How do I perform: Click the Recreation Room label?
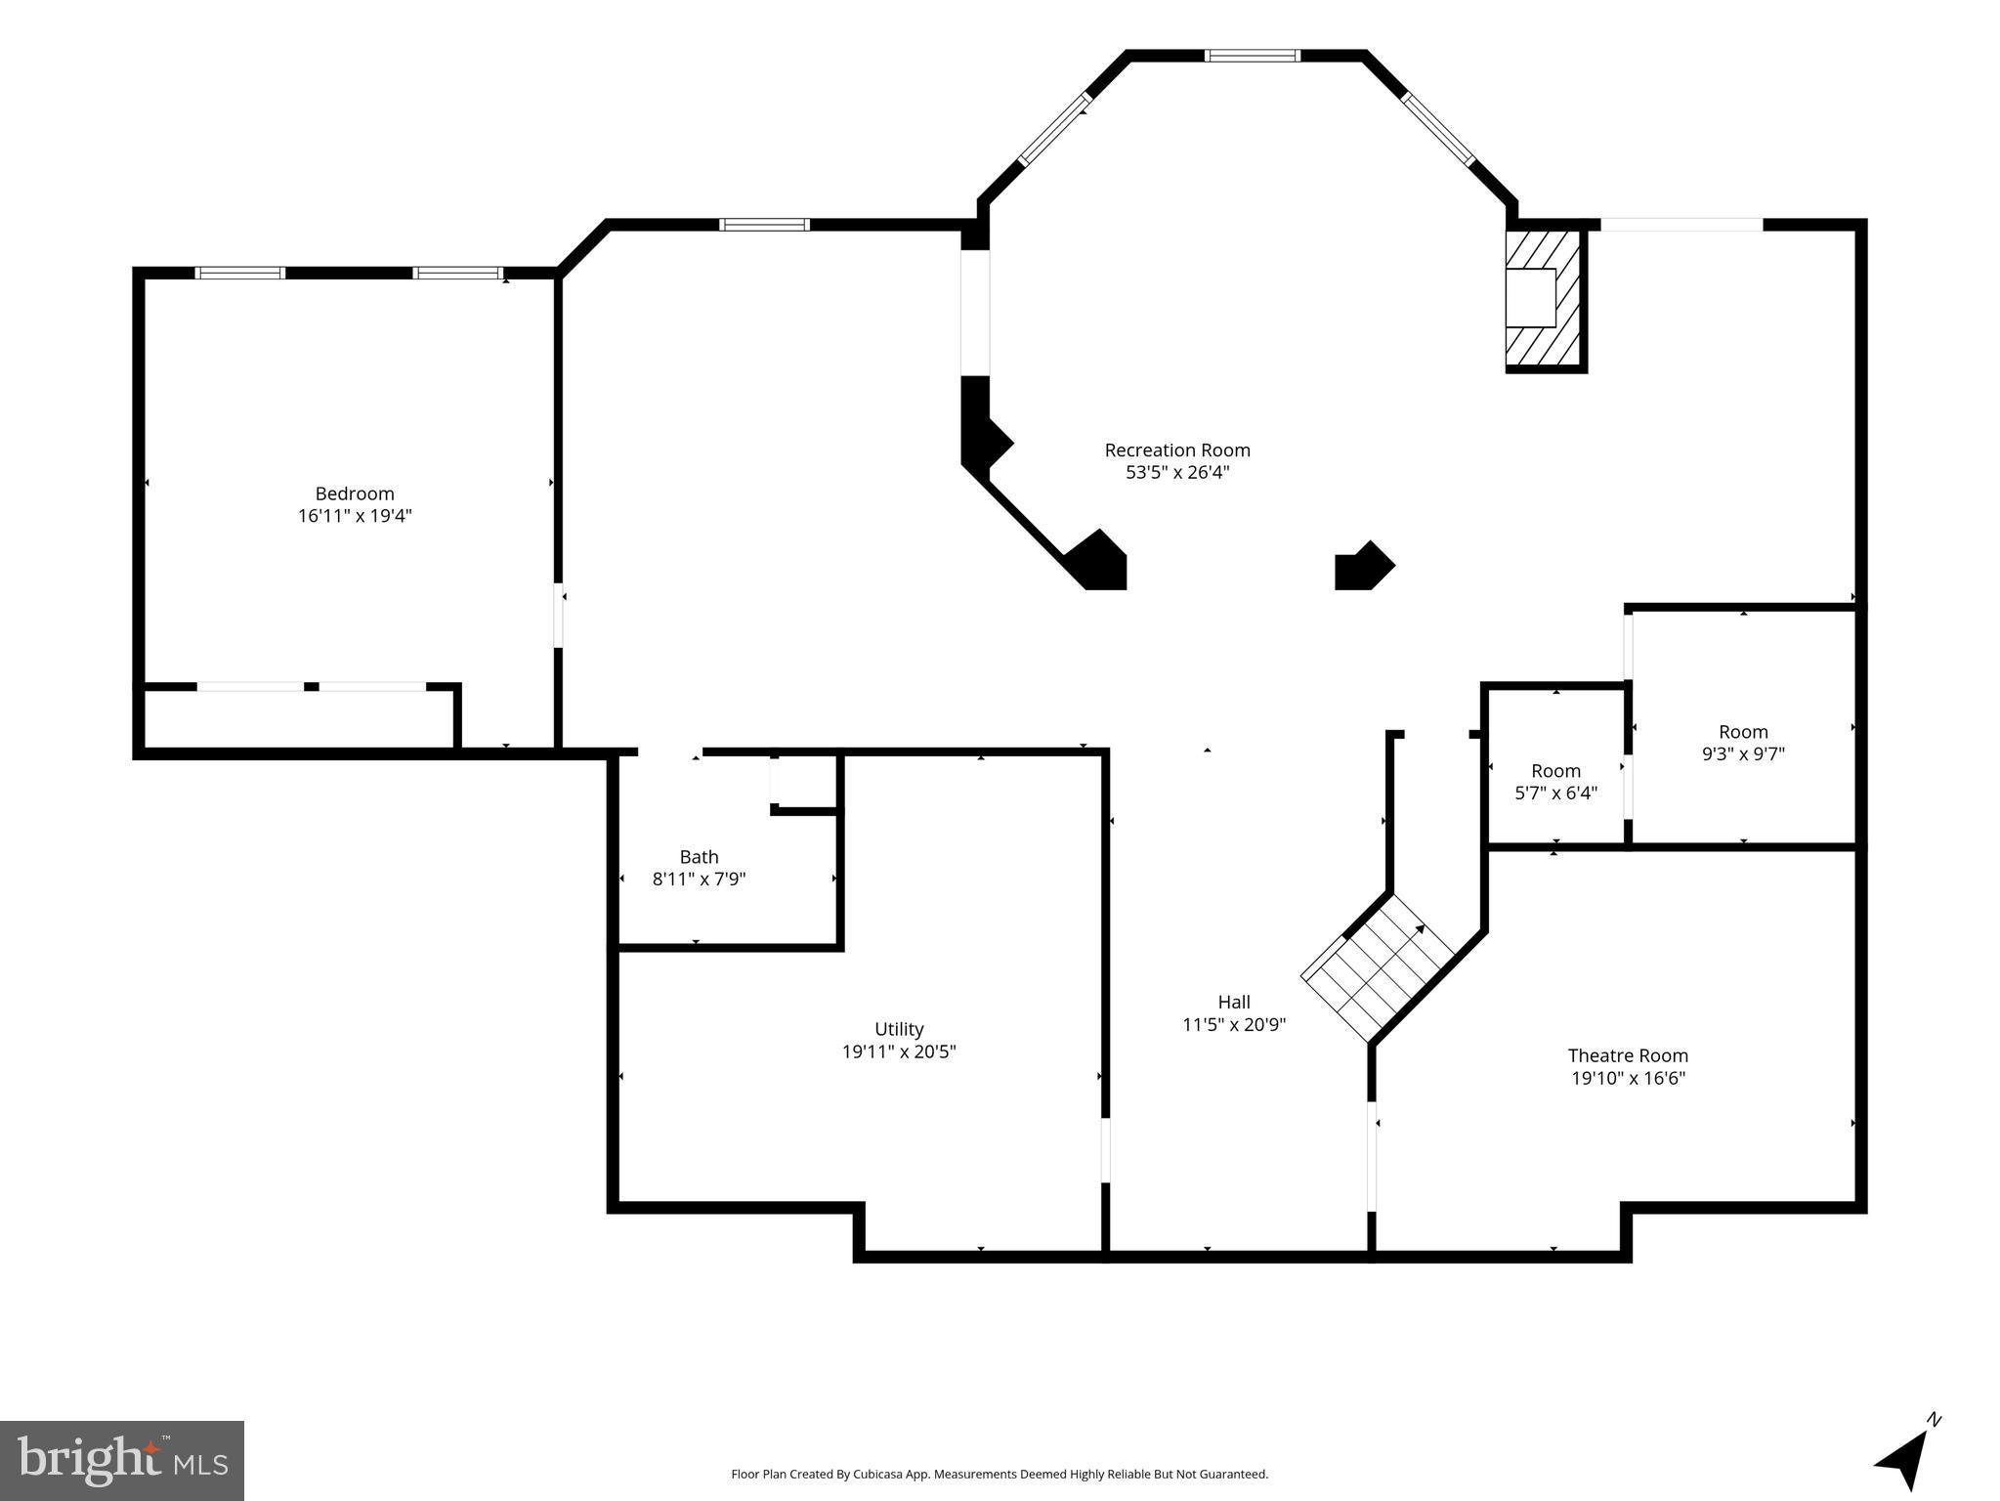(x=1176, y=450)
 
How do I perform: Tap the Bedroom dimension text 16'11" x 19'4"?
(x=355, y=516)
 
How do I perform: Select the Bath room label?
(x=699, y=857)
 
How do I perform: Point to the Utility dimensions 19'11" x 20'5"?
(x=899, y=1051)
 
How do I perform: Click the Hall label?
(x=1233, y=1002)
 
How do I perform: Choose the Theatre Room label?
(x=1628, y=1055)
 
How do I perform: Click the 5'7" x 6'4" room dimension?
(x=1555, y=793)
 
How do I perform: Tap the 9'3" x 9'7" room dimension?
(x=1743, y=753)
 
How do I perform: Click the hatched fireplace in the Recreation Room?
(x=1543, y=298)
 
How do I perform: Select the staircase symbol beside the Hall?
(x=1378, y=967)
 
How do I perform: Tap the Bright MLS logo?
(x=122, y=1460)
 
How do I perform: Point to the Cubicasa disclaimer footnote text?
(x=1000, y=1475)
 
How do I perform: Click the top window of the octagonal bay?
(x=1252, y=56)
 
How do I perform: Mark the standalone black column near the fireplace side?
(x=1362, y=567)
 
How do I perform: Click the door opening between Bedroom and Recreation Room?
(x=559, y=616)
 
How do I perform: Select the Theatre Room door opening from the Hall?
(x=1372, y=1156)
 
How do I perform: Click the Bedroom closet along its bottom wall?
(x=298, y=719)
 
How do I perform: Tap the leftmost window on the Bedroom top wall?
(x=240, y=273)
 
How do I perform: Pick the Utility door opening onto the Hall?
(x=1106, y=1149)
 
